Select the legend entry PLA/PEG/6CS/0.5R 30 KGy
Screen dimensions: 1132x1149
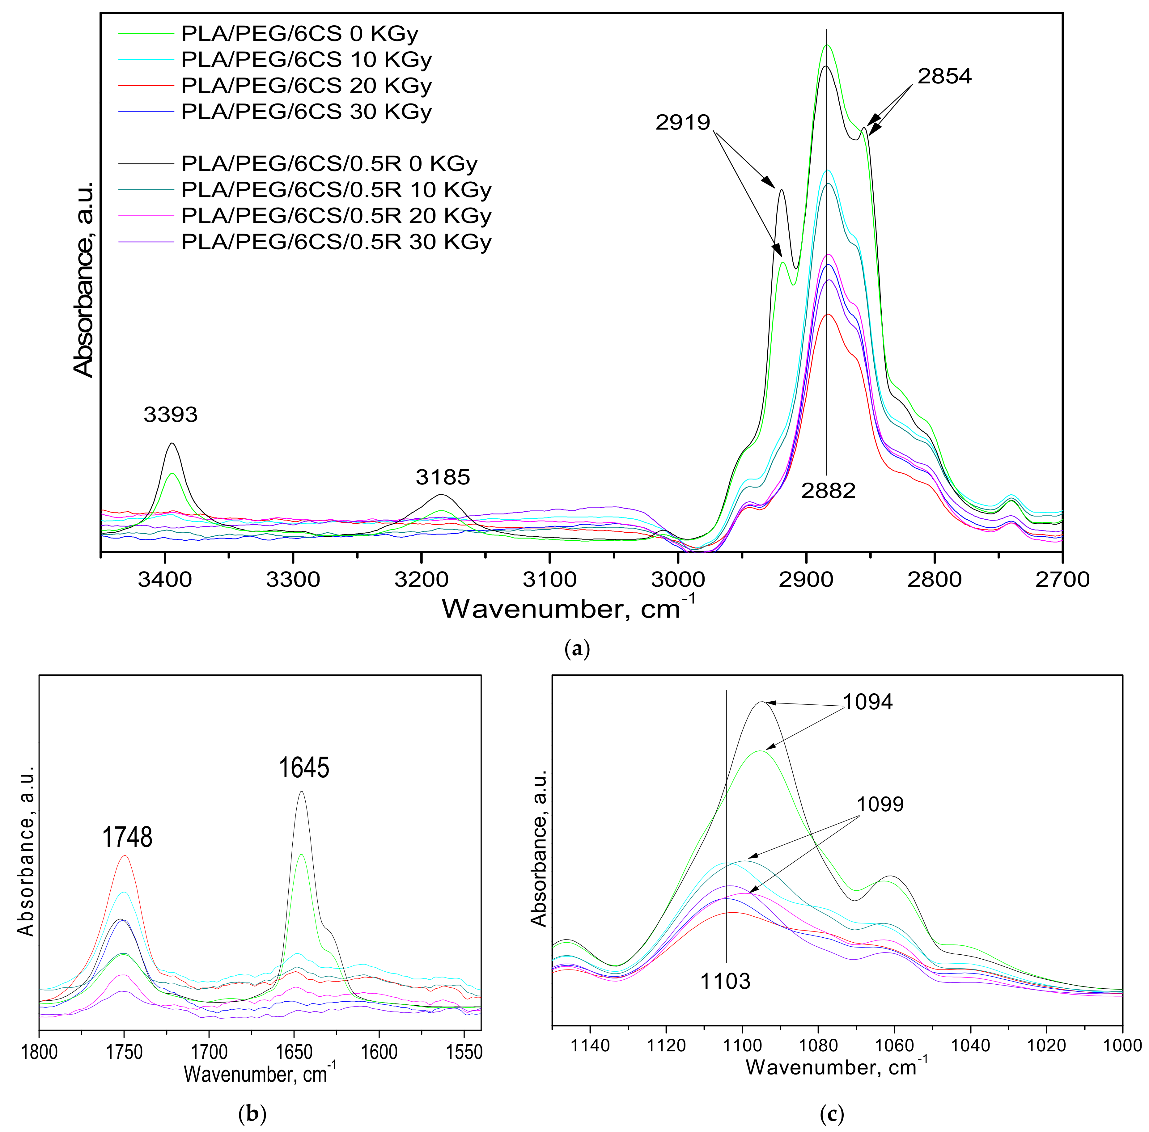tap(336, 242)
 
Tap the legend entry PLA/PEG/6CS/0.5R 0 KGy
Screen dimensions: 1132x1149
tap(329, 163)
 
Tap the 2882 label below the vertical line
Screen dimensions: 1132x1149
tap(828, 491)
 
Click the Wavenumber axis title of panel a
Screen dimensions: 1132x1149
tap(568, 609)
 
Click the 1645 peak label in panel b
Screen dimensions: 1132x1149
tap(304, 767)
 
